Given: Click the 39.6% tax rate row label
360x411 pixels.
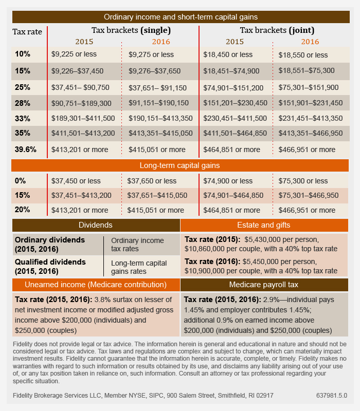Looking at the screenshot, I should pyautogui.click(x=26, y=150).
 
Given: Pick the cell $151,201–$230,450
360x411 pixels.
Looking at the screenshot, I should pyautogui.click(x=235, y=103).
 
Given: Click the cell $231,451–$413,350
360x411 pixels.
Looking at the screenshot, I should pyautogui.click(x=310, y=118).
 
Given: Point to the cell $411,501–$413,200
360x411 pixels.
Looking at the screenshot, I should pyautogui.click(x=83, y=134).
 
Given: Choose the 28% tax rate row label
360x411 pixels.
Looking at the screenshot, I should pyautogui.click(x=23, y=103).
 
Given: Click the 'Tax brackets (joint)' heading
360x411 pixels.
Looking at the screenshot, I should pyautogui.click(x=277, y=30).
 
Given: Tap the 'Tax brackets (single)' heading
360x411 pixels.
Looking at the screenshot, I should pyautogui.click(x=131, y=30).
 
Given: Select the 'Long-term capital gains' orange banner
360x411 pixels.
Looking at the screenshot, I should pyautogui.click(x=180, y=165).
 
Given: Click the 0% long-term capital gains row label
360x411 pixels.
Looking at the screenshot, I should pyautogui.click(x=21, y=181).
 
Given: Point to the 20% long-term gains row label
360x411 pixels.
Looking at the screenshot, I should pyautogui.click(x=23, y=210).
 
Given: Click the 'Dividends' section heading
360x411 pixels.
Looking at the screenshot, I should pyautogui.click(x=96, y=225).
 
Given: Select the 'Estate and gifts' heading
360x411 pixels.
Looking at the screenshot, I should pyautogui.click(x=264, y=225).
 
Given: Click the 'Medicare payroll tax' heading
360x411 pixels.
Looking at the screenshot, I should pyautogui.click(x=264, y=285).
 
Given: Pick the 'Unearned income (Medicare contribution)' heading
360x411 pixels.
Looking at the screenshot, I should pyautogui.click(x=96, y=285).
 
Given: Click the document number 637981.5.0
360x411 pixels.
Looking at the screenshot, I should pyautogui.click(x=332, y=396).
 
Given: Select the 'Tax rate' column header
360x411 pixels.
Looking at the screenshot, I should pyautogui.click(x=27, y=32).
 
